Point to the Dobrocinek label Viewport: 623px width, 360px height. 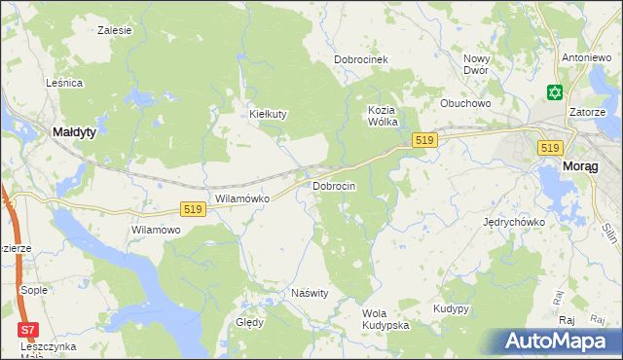[x=361, y=59]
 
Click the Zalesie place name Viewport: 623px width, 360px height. [x=115, y=30]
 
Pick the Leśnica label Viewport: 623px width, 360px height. [x=63, y=84]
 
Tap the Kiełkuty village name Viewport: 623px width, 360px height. [x=268, y=114]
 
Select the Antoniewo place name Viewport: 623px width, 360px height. [x=585, y=58]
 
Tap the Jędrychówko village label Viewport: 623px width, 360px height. [x=514, y=222]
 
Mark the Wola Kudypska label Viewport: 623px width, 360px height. [x=385, y=319]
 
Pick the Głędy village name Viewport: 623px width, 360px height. [x=249, y=322]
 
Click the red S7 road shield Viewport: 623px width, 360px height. [x=30, y=329]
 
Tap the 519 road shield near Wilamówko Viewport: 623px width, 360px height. [x=193, y=209]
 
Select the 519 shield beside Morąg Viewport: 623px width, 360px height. [x=549, y=147]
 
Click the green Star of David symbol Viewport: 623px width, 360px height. [x=555, y=93]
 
